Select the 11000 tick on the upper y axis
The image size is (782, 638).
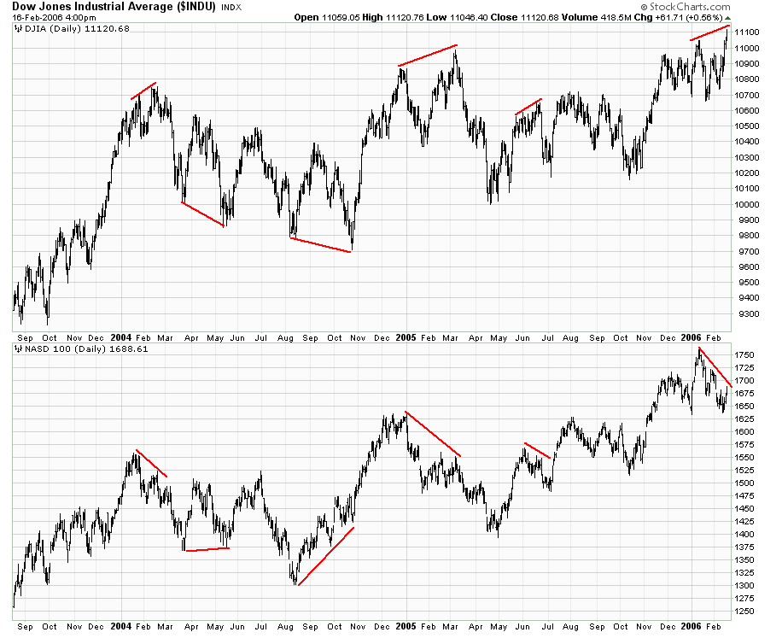(x=749, y=48)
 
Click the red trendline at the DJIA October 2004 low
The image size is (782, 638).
(x=321, y=245)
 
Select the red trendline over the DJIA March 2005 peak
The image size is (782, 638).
(x=428, y=55)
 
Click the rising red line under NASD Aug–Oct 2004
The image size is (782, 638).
(x=325, y=556)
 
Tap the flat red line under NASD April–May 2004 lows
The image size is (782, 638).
(x=207, y=549)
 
